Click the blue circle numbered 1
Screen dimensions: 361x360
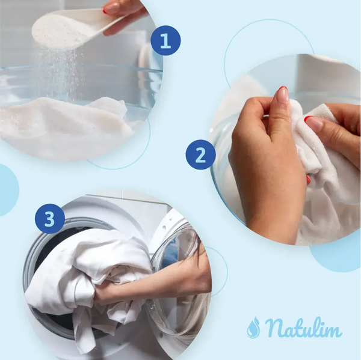point(165,40)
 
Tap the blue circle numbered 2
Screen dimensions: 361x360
point(200,154)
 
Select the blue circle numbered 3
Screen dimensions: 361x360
point(50,219)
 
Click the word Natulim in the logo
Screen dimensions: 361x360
point(303,327)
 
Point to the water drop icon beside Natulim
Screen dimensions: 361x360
point(253,328)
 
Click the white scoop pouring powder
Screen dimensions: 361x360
point(72,28)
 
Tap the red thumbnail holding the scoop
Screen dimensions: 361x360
point(105,11)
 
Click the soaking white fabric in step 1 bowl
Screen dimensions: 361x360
point(67,122)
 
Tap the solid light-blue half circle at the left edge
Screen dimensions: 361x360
point(8,190)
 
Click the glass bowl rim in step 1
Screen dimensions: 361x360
point(81,68)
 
